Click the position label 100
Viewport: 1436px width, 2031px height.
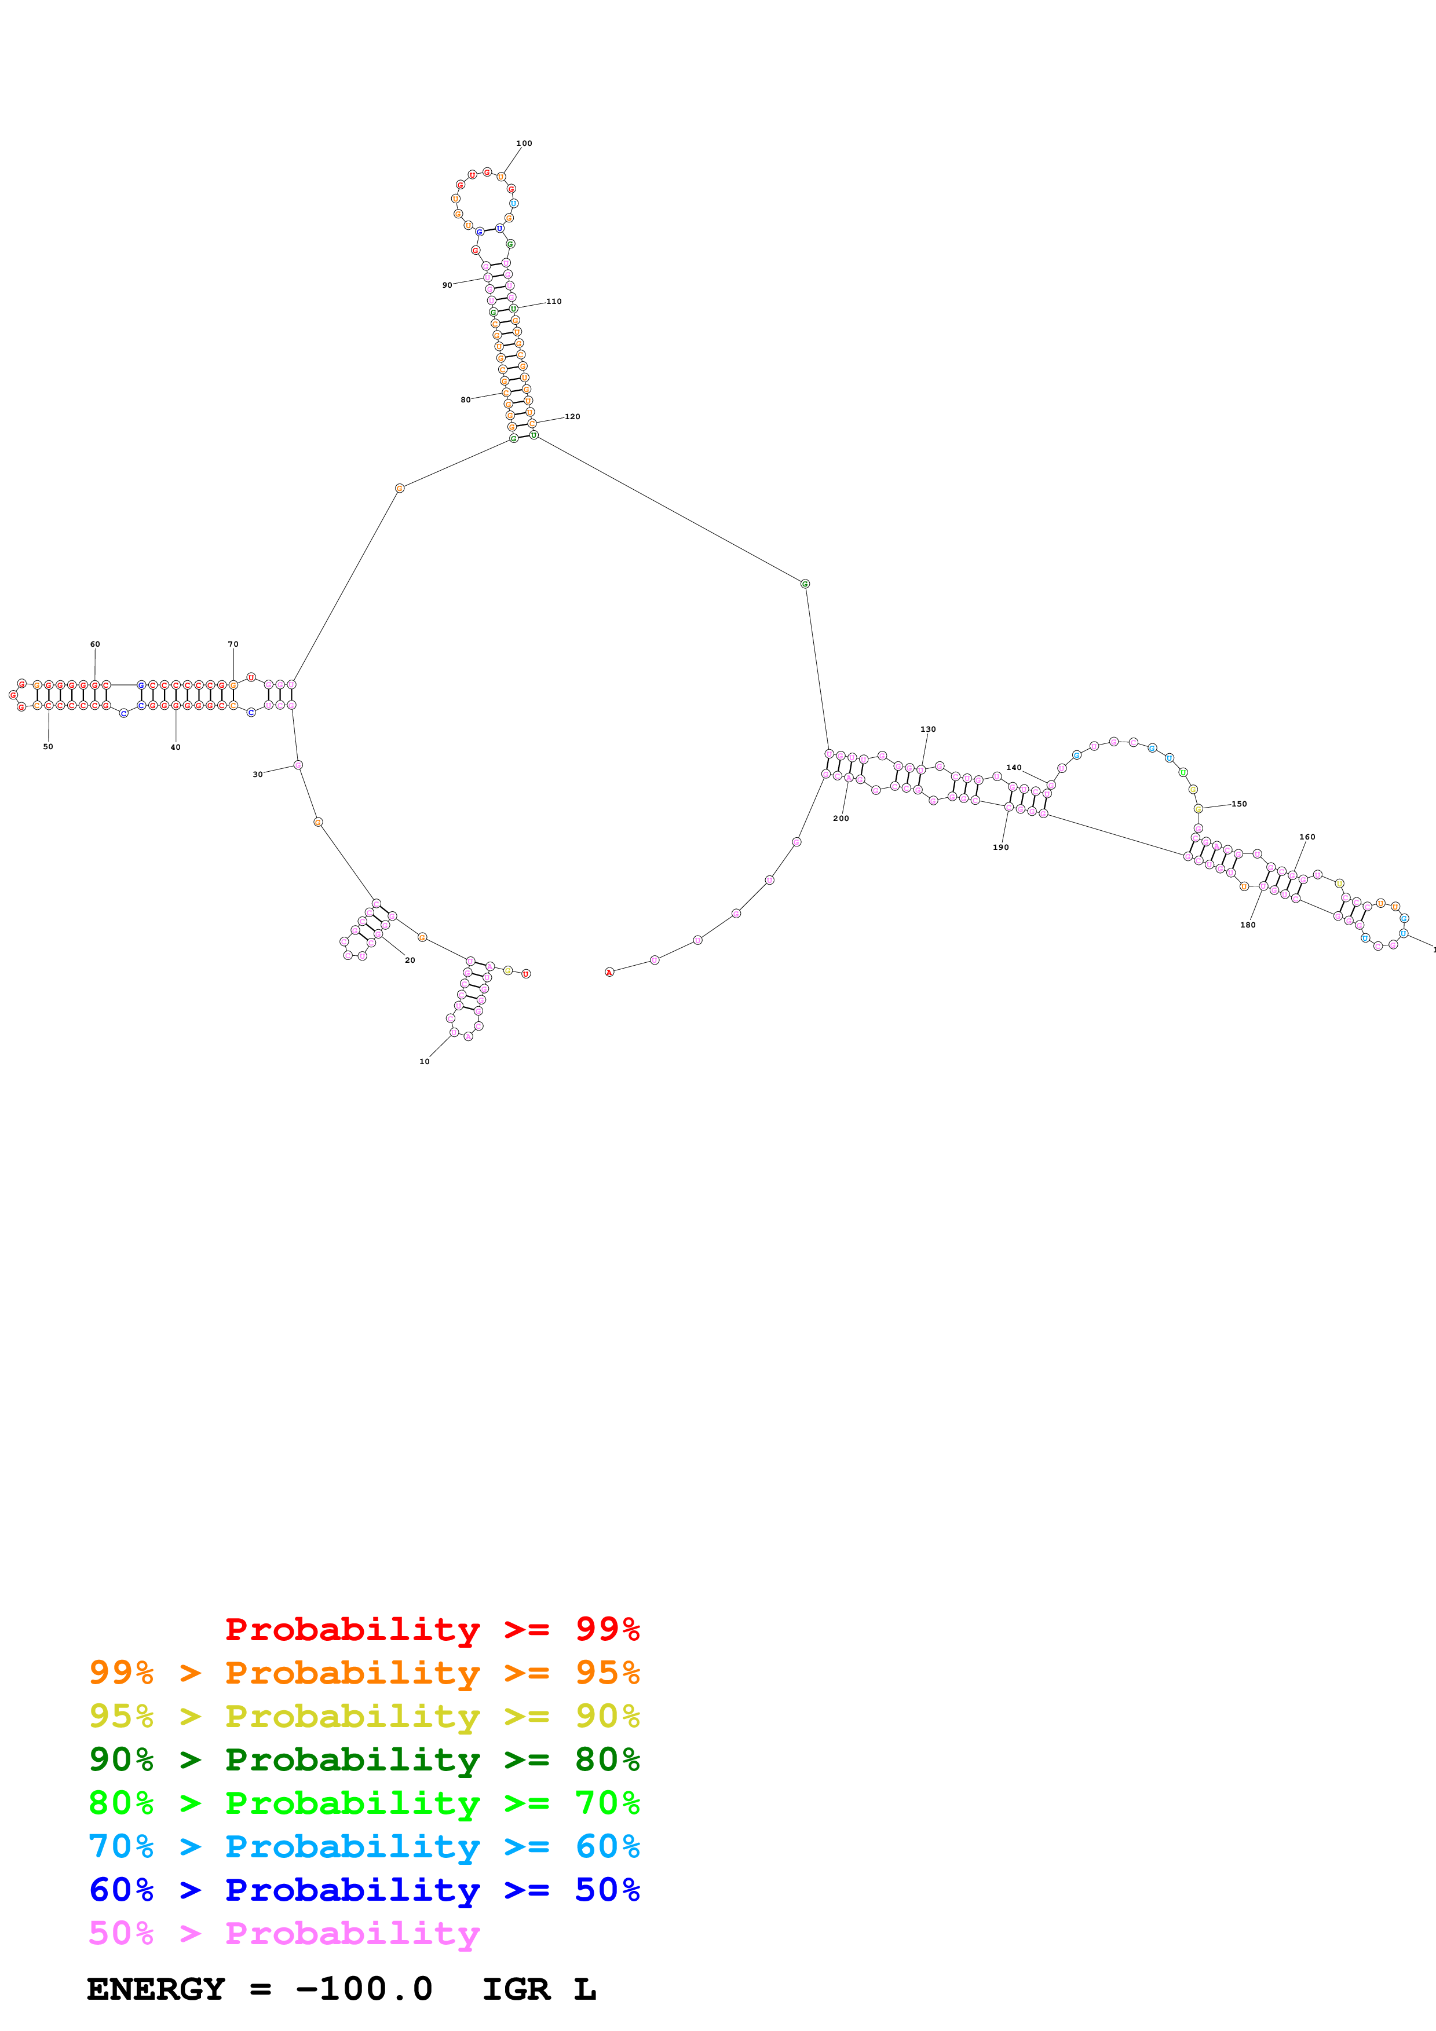pyautogui.click(x=524, y=144)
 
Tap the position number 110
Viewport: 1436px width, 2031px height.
pyautogui.click(x=554, y=302)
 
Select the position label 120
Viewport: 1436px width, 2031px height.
pyautogui.click(x=572, y=417)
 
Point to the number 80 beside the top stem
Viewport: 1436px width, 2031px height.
pyautogui.click(x=465, y=400)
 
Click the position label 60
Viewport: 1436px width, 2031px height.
pyautogui.click(x=94, y=644)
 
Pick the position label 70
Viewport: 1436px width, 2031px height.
pyautogui.click(x=233, y=644)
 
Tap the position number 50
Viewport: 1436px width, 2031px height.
pyautogui.click(x=47, y=747)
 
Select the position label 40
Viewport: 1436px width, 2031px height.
pyautogui.click(x=175, y=747)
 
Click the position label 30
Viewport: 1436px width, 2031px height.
pyautogui.click(x=257, y=774)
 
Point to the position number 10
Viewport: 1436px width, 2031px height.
pyautogui.click(x=425, y=1061)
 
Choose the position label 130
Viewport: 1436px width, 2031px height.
pyautogui.click(x=928, y=729)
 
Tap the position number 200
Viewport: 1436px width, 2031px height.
pyautogui.click(x=841, y=818)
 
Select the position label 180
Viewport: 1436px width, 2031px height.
pyautogui.click(x=1248, y=925)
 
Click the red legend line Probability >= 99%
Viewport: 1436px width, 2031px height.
pyautogui.click(x=432, y=1629)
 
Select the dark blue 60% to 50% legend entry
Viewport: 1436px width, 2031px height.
pyautogui.click(x=364, y=1890)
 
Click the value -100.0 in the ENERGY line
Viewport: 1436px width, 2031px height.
pyautogui.click(x=364, y=1989)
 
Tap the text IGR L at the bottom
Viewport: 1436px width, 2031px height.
pyautogui.click(x=539, y=1989)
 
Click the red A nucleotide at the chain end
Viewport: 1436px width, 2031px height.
pyautogui.click(x=609, y=972)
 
